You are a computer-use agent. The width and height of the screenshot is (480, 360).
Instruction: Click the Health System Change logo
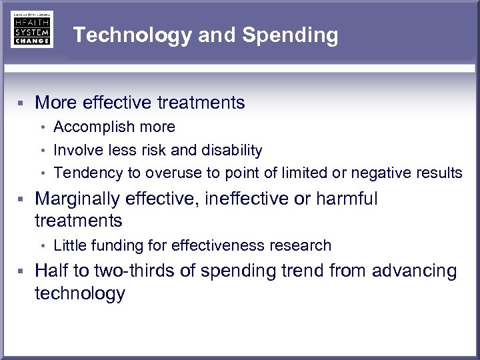click(x=32, y=29)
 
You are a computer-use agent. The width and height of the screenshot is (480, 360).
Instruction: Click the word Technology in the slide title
click(x=132, y=35)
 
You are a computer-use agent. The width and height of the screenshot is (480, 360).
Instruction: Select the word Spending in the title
click(x=290, y=35)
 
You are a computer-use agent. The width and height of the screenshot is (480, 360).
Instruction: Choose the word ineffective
click(x=249, y=199)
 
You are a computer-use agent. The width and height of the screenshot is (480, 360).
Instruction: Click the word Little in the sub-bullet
click(x=68, y=245)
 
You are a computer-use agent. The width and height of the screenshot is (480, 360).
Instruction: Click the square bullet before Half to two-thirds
click(x=21, y=271)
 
